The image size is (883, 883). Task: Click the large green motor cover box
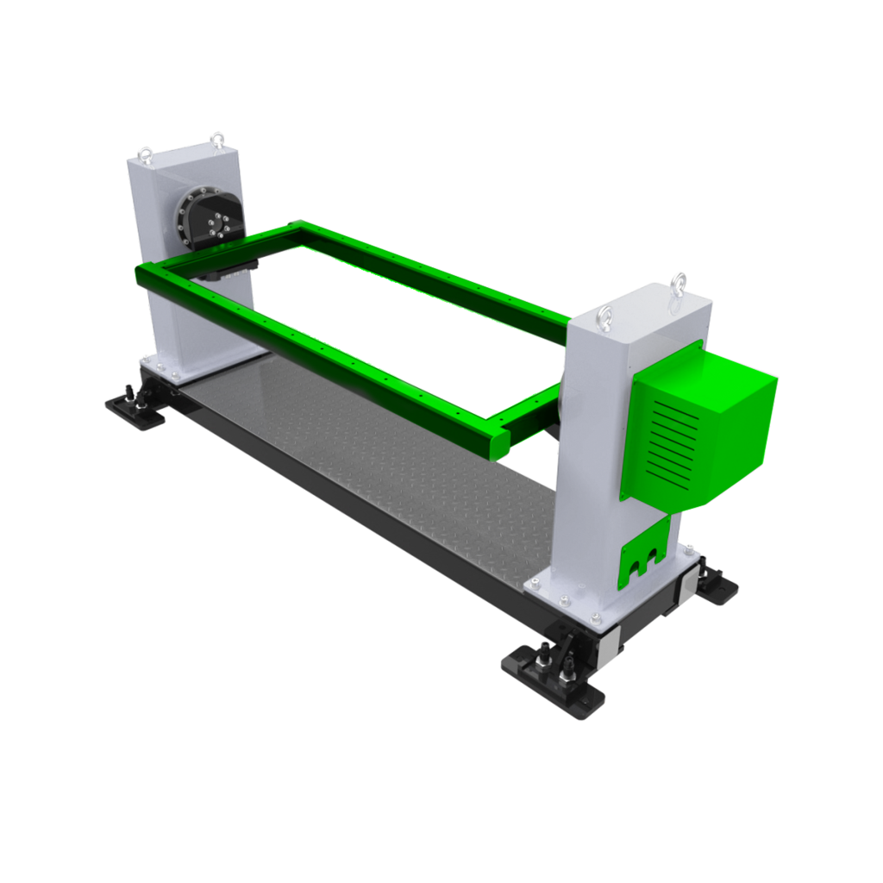click(724, 423)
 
